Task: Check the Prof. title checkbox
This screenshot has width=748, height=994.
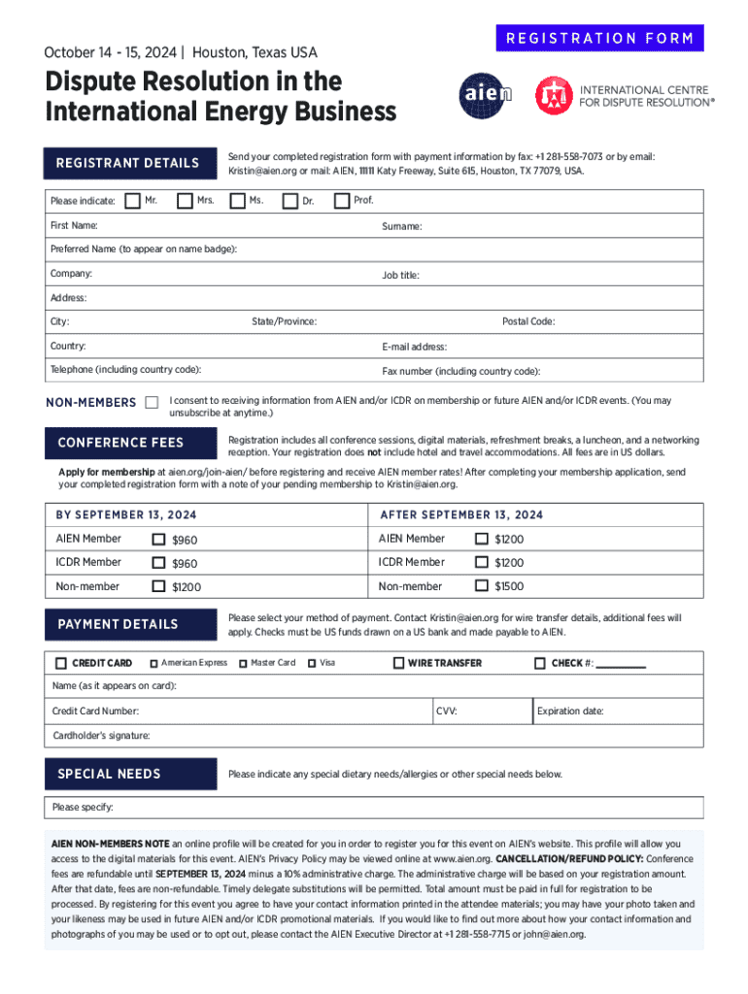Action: tap(341, 201)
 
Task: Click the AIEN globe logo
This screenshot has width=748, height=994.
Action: tap(483, 95)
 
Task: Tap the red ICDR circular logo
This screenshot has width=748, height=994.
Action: tap(554, 95)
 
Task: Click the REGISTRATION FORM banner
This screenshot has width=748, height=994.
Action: tap(598, 39)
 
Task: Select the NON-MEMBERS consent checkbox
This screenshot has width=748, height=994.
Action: tap(152, 402)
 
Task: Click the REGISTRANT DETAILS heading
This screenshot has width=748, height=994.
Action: tap(127, 163)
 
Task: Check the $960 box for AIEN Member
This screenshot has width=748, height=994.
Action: tap(159, 539)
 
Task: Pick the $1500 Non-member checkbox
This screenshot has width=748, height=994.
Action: tap(481, 585)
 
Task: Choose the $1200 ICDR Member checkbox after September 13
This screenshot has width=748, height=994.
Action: tap(481, 562)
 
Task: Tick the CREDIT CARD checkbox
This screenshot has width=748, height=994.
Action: tap(61, 663)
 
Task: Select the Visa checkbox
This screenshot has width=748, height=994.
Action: tap(312, 663)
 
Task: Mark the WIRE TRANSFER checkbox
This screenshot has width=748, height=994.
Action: tap(398, 663)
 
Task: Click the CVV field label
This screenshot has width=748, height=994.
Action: tap(447, 712)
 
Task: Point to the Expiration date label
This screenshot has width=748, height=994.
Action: tap(570, 712)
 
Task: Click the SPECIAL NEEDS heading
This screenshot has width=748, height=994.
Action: tap(109, 774)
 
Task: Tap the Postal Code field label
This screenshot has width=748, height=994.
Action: tap(528, 321)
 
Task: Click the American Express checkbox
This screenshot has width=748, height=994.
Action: tap(153, 663)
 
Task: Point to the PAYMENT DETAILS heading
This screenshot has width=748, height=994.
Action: tap(118, 624)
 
